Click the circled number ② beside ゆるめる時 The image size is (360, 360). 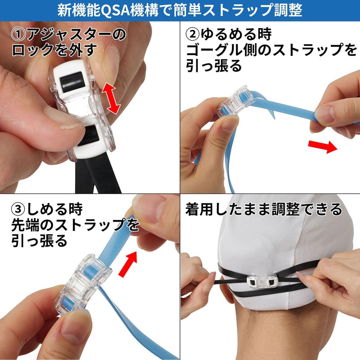(193, 35)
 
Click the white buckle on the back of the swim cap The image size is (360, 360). (262, 281)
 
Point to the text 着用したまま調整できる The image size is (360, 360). (263, 210)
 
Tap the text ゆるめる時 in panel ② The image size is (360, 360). (236, 35)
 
